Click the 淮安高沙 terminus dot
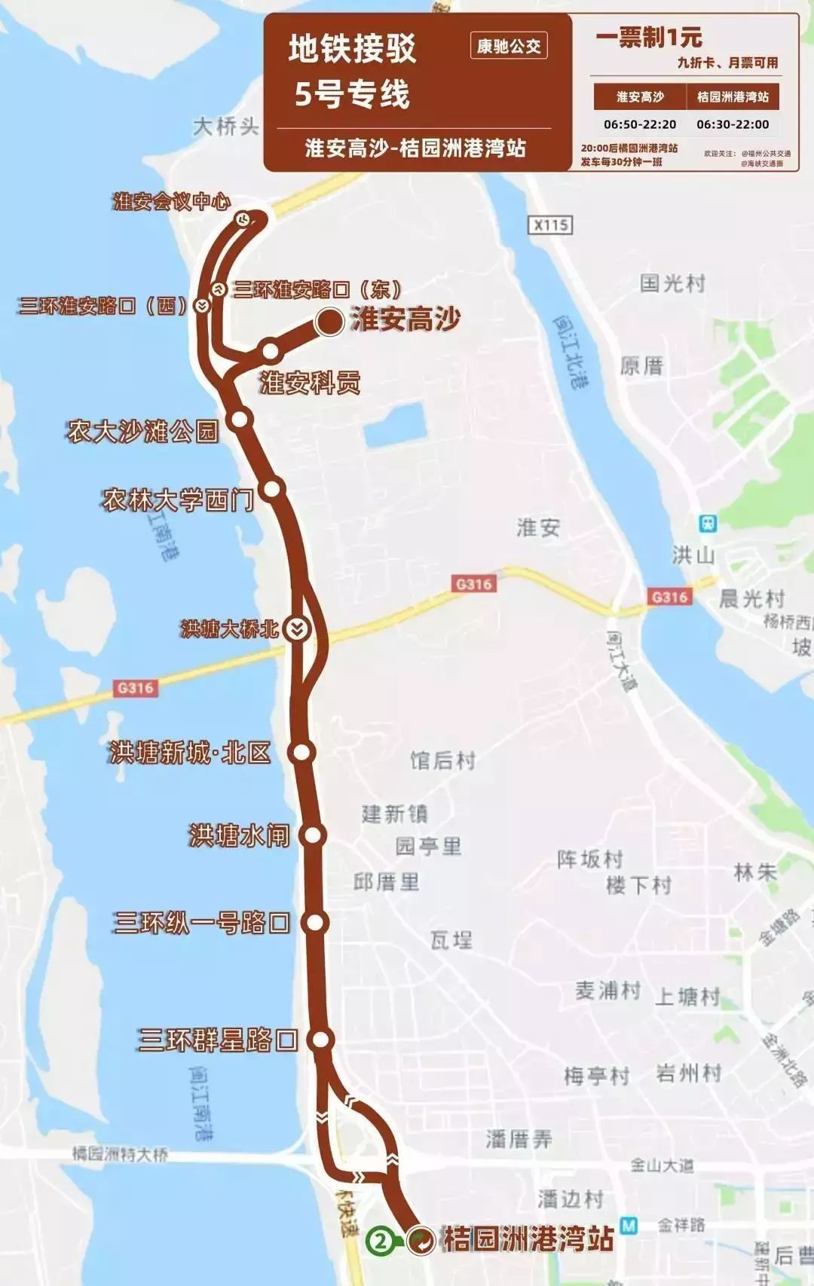coord(329,322)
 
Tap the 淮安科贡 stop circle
coord(271,350)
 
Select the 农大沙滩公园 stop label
coord(142,431)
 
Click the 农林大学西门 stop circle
coord(272,489)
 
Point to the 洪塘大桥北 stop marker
coord(298,629)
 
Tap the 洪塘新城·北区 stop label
coord(190,752)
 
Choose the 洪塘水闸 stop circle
coord(312,835)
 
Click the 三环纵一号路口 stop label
coord(201,922)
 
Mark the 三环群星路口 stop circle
coord(321,1040)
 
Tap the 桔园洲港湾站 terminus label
coord(528,1239)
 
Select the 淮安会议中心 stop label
coord(172,202)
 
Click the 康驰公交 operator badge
coord(509,47)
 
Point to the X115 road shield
coord(551,225)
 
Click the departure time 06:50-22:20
coord(640,124)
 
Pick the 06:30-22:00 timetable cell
coord(733,124)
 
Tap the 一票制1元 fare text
coord(649,38)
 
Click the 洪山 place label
coord(693,555)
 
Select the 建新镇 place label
coord(394,814)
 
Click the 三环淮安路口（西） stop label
coord(103,306)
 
